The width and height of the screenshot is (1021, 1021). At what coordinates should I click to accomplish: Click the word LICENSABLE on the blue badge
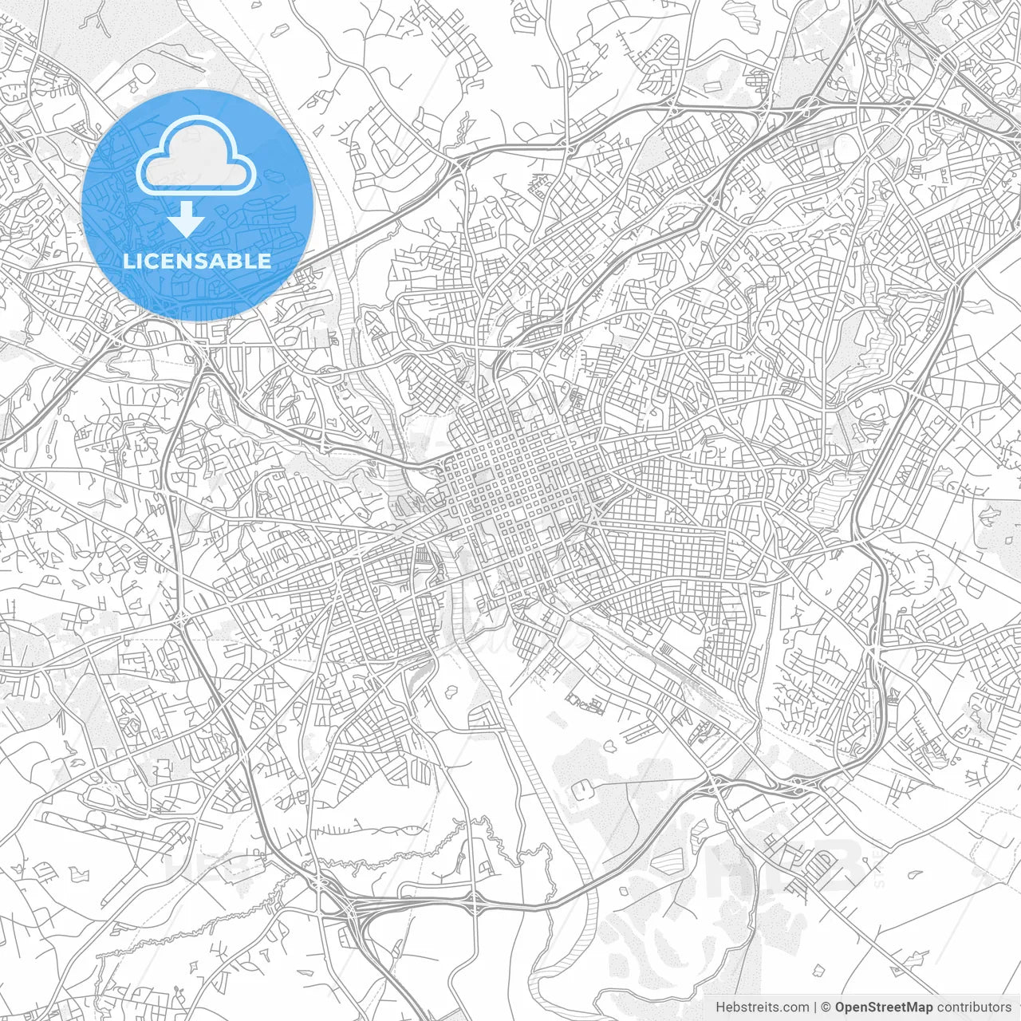coord(197,261)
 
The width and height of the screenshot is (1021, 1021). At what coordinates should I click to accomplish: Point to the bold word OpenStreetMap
coord(884,1007)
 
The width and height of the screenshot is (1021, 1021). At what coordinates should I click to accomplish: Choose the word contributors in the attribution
coord(974,1007)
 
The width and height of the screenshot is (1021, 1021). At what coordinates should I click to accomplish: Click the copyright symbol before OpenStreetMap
coord(826,1007)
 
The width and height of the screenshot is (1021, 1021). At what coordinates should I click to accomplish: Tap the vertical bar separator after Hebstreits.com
coord(815,1007)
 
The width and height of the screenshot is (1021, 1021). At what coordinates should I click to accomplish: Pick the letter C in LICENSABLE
coord(154,261)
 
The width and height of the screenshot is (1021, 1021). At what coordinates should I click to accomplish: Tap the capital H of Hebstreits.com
coord(720,1007)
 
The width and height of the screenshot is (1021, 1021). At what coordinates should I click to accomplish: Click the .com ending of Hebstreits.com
coord(796,1007)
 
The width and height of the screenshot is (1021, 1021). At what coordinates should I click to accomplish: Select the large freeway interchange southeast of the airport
coord(351,909)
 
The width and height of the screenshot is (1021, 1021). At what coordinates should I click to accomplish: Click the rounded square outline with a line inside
coord(582,790)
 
